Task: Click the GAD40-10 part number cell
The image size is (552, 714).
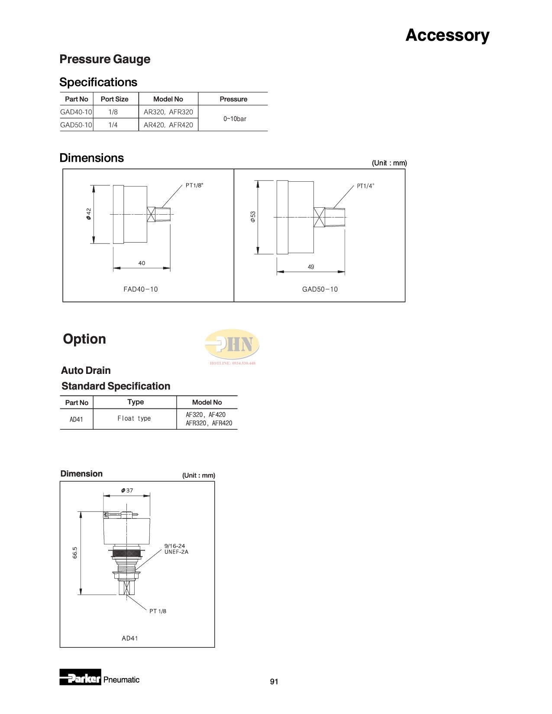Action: tap(76, 112)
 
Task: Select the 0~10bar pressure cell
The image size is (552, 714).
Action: tap(235, 119)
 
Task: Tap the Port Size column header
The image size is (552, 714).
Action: tap(114, 99)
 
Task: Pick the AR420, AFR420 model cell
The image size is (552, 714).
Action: tap(168, 125)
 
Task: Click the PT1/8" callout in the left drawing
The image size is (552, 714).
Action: tap(194, 185)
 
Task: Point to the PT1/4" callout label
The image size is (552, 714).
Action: tap(365, 186)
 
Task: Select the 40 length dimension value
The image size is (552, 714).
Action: tap(142, 263)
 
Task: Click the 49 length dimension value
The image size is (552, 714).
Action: tap(311, 267)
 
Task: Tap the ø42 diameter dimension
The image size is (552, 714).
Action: tap(89, 214)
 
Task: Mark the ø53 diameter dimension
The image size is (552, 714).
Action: tap(253, 217)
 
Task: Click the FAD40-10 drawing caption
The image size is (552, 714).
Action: tap(141, 289)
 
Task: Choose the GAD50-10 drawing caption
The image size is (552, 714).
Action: tap(320, 289)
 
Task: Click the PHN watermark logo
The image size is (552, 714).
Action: tap(232, 345)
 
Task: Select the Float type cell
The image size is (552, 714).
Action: tap(134, 418)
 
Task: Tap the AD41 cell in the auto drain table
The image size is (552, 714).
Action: tap(76, 419)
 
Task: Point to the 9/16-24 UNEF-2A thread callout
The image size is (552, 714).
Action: tap(176, 549)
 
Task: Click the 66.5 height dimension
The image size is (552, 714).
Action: tap(75, 553)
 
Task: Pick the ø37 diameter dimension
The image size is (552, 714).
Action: tap(127, 490)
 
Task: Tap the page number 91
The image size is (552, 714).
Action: tap(274, 682)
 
